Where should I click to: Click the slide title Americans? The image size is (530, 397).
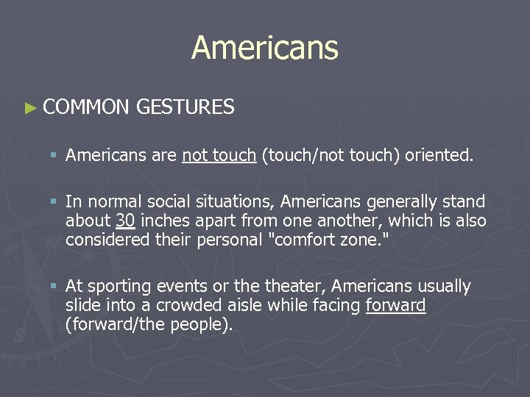pos(265,48)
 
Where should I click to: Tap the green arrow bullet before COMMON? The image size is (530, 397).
pos(29,108)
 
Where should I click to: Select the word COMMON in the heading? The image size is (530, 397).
pos(85,107)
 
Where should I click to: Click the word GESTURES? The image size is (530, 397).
pos(185,107)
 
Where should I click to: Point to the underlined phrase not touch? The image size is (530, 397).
pos(219,155)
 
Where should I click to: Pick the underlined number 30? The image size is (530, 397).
pos(124,221)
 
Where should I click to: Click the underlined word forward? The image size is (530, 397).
pos(395,305)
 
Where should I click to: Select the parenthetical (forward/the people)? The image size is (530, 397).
pos(149,324)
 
